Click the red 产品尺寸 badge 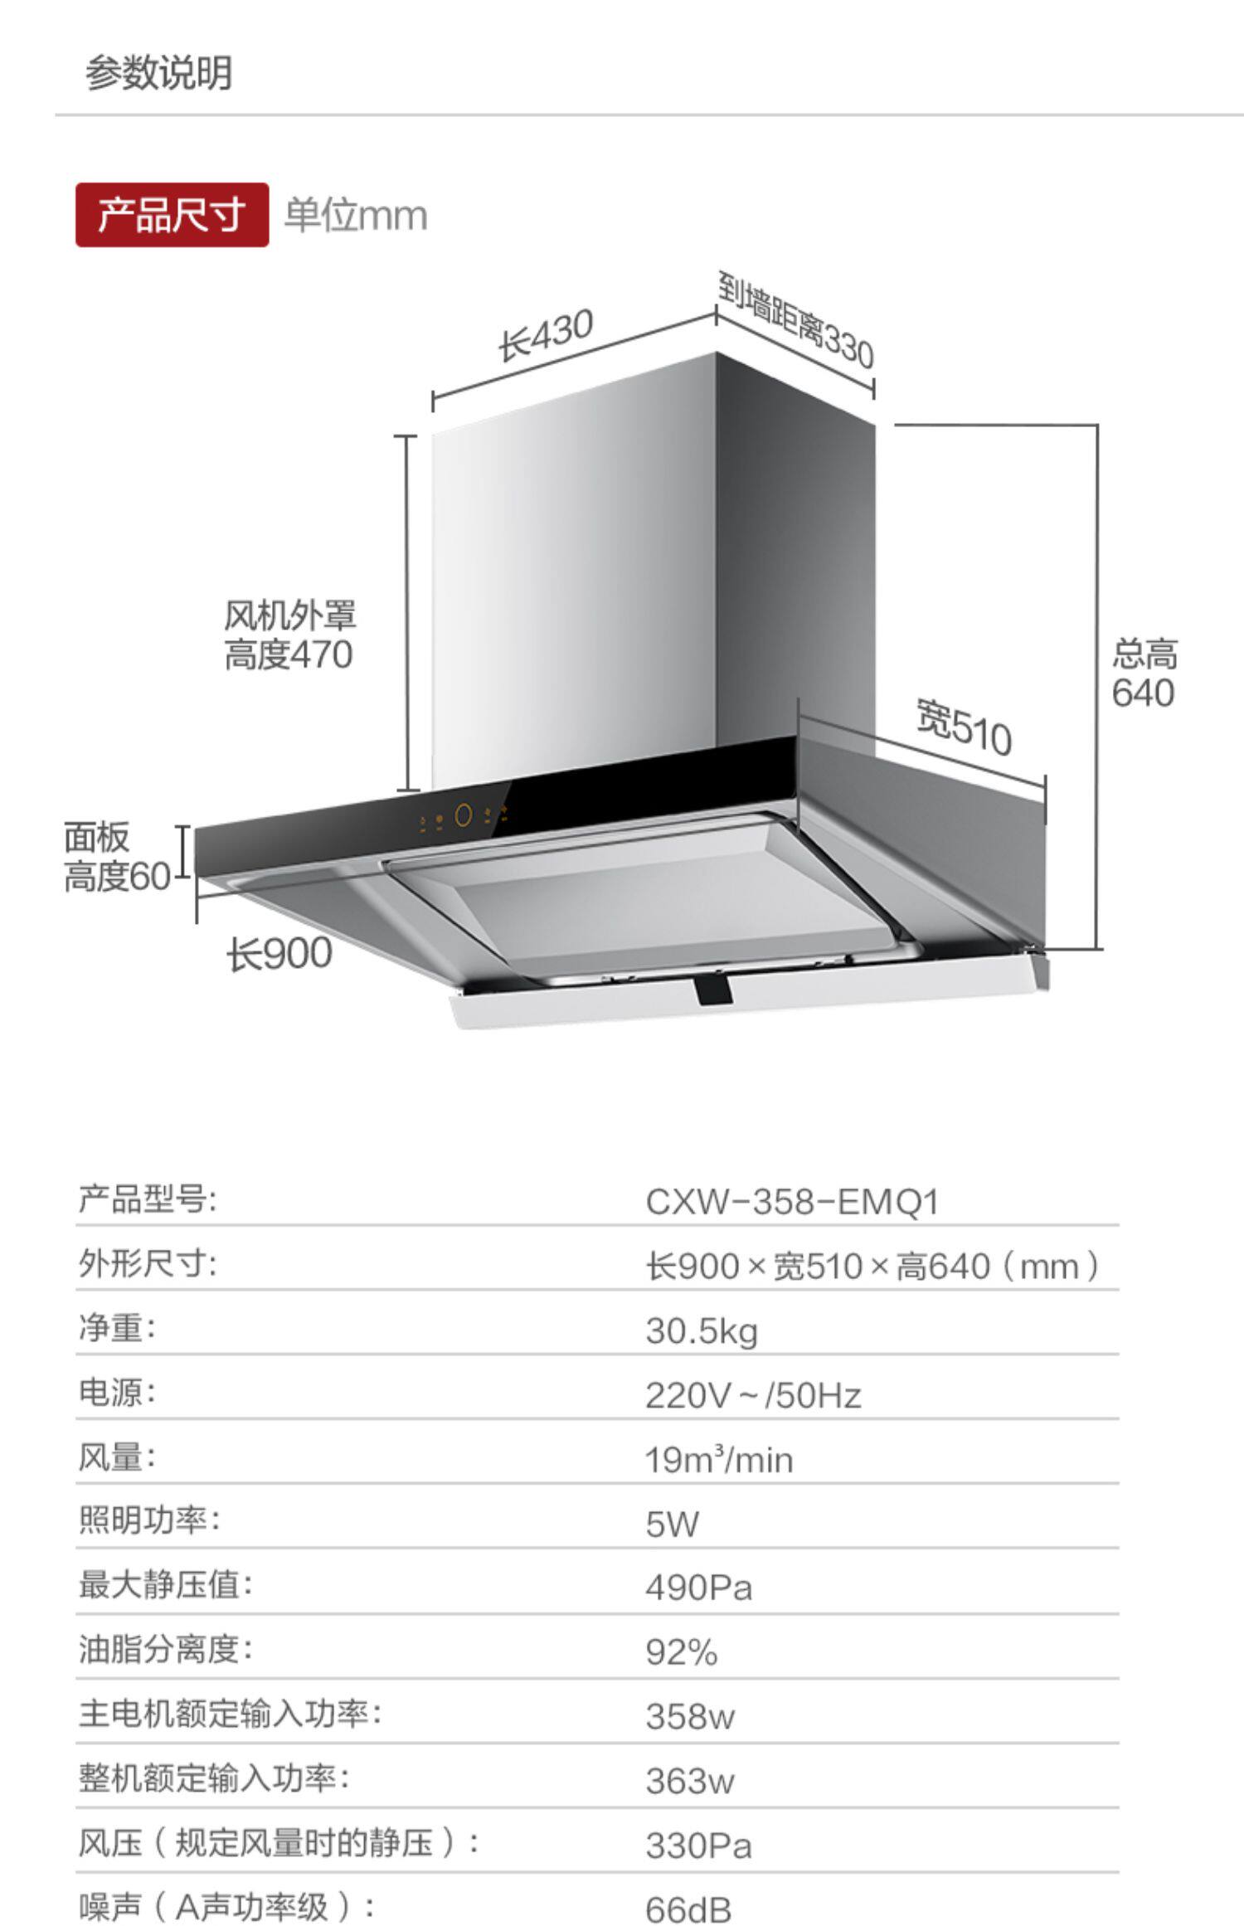tap(172, 216)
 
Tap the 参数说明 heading tap(158, 73)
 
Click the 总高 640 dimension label tap(1144, 674)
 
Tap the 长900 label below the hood tap(279, 954)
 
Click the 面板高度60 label tap(117, 857)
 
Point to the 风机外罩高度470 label tap(289, 635)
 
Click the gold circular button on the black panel tap(464, 815)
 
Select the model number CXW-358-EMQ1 tap(792, 1202)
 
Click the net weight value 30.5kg tap(702, 1331)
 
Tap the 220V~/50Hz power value tap(753, 1395)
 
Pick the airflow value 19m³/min tap(719, 1460)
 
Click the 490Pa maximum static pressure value tap(698, 1588)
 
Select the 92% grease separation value tap(681, 1652)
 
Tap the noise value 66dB tap(688, 1909)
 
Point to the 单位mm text tap(356, 216)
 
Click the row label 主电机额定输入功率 tap(230, 1714)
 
